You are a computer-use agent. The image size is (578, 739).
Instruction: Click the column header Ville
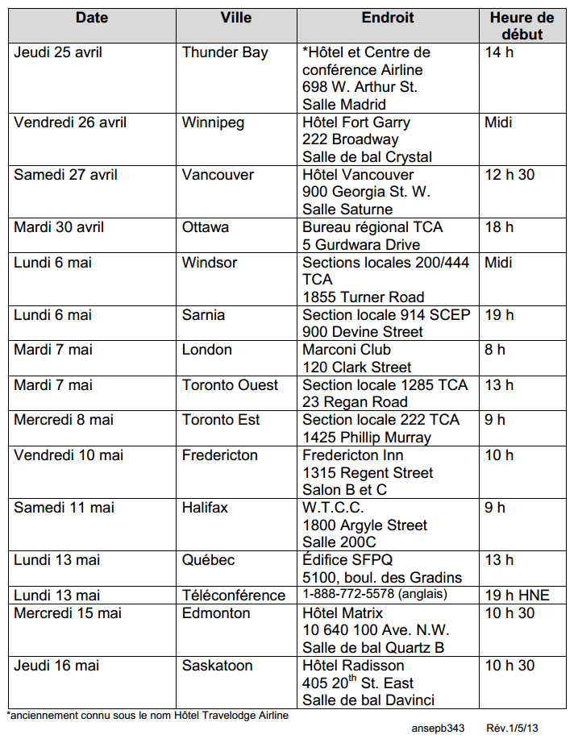[235, 17]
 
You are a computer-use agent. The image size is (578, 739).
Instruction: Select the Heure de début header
[522, 26]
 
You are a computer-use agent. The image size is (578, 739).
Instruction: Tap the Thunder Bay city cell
[225, 52]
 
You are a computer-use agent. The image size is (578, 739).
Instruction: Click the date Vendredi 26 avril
[70, 122]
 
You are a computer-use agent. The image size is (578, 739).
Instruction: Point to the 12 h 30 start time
[509, 175]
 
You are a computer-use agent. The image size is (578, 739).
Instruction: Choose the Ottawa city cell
[206, 227]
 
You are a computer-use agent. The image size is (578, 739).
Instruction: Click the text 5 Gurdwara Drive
[361, 244]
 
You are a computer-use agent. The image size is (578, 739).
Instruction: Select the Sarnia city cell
[203, 314]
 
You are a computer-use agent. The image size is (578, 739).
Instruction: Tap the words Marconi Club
[347, 350]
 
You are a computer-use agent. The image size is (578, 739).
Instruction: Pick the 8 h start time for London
[495, 350]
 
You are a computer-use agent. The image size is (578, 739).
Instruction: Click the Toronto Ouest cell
[231, 384]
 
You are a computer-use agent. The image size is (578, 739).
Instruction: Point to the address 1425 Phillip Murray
[367, 438]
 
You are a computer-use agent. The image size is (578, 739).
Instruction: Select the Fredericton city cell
[220, 455]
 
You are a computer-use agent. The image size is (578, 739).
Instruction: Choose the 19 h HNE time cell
[517, 595]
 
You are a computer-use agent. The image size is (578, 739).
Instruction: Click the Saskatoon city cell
[217, 666]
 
